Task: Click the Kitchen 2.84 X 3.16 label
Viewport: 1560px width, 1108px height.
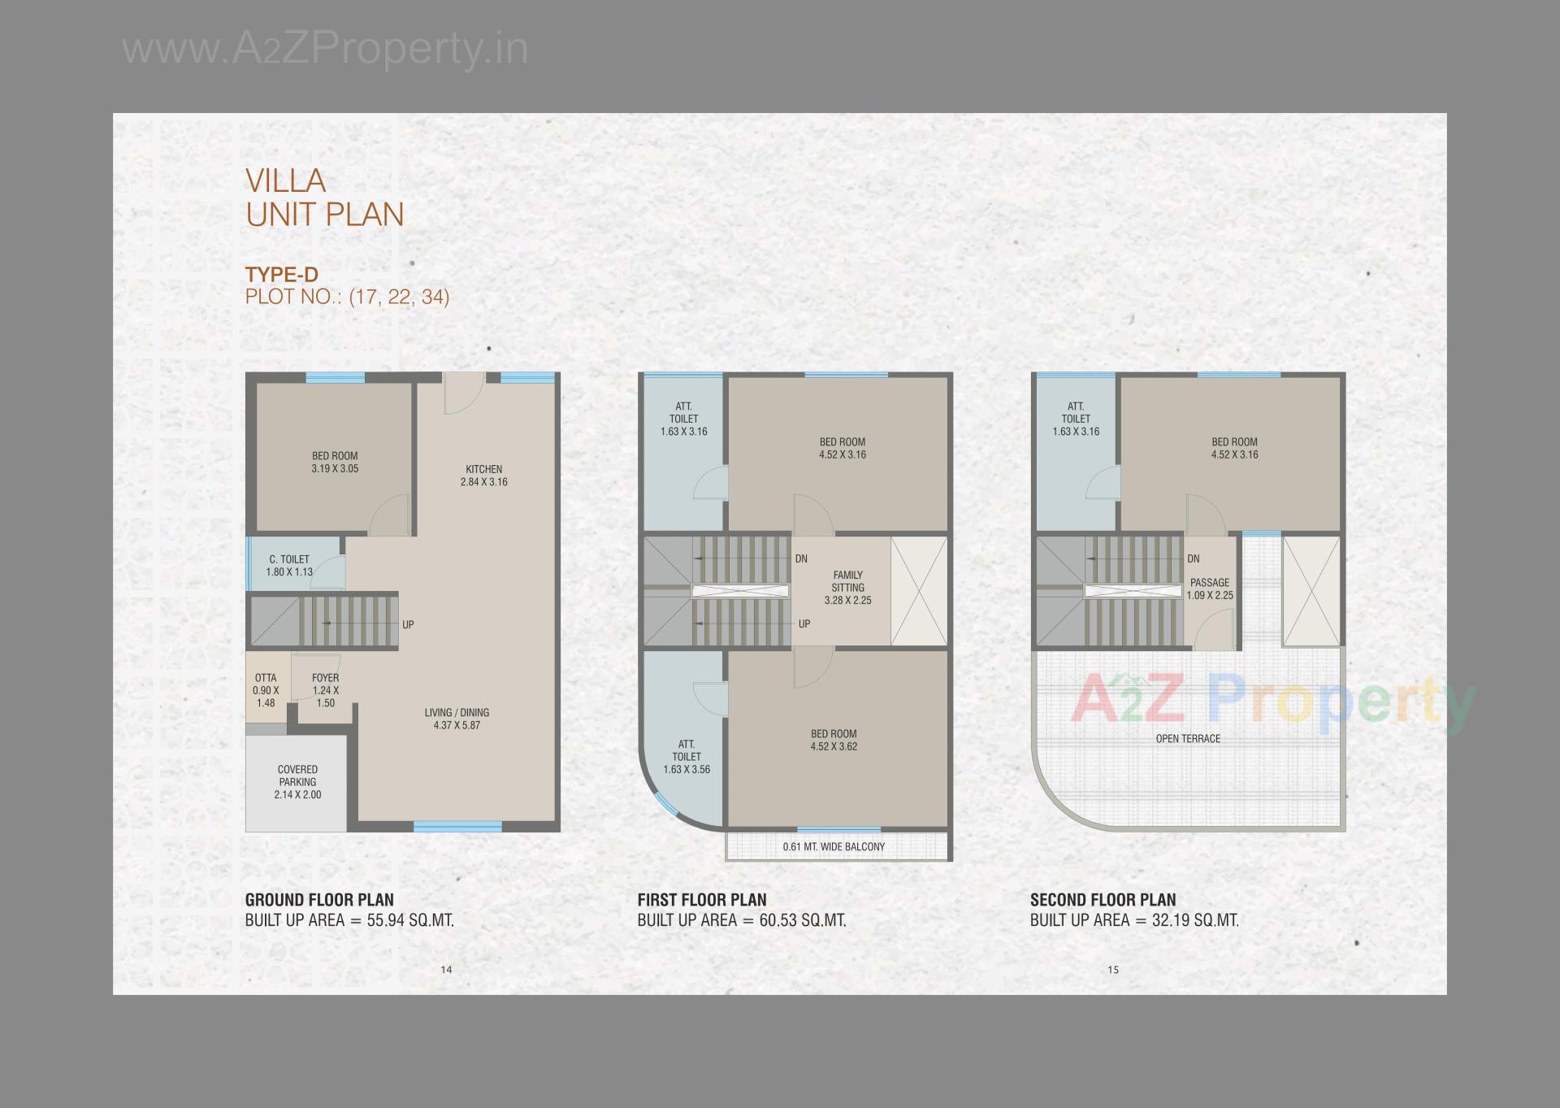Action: (x=483, y=476)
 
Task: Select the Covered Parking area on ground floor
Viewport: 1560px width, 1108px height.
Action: (x=297, y=782)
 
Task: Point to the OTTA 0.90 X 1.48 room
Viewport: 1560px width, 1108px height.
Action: (x=266, y=690)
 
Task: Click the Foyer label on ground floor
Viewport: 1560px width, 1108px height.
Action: (x=325, y=678)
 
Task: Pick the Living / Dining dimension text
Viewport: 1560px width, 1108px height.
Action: (x=457, y=725)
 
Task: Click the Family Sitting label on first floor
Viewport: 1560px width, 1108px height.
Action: (x=847, y=581)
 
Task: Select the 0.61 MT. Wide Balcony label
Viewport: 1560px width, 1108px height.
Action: (x=834, y=847)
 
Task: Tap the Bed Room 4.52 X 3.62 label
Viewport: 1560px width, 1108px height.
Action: (x=834, y=740)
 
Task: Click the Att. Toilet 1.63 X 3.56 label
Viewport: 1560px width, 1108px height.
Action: (x=687, y=757)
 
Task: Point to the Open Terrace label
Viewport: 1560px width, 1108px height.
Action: (x=1188, y=739)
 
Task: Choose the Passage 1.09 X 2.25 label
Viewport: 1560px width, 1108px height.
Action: (x=1210, y=589)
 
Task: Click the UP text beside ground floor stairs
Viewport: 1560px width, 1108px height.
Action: (x=408, y=625)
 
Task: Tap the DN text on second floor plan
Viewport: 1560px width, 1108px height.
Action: (x=1193, y=559)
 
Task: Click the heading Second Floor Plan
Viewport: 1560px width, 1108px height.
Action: (x=1103, y=900)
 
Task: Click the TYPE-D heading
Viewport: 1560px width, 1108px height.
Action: (x=282, y=275)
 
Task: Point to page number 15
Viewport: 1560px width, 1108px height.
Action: (x=1113, y=969)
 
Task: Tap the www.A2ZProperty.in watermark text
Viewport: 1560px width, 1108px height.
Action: (x=325, y=49)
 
